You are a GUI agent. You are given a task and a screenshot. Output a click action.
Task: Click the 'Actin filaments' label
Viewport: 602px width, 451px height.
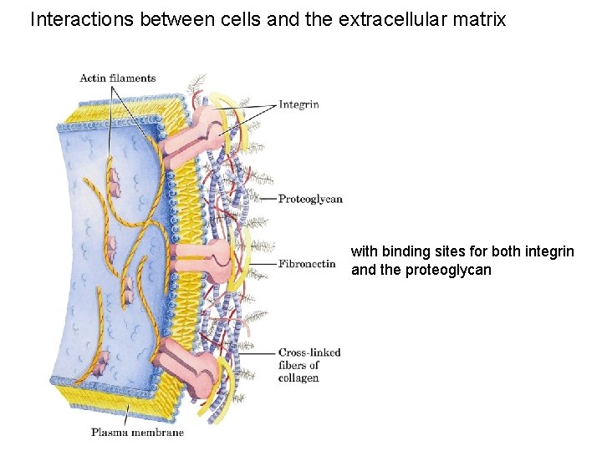[117, 79]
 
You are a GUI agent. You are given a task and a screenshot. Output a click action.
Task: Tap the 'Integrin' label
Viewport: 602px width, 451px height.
[298, 104]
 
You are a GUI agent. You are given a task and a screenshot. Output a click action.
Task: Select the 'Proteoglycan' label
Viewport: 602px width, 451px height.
[310, 199]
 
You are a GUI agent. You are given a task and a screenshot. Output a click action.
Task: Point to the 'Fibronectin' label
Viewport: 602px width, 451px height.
[307, 264]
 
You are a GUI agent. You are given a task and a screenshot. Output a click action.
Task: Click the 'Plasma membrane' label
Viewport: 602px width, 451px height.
[137, 433]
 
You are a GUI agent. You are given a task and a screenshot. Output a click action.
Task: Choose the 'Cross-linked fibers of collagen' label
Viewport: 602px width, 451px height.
[309, 365]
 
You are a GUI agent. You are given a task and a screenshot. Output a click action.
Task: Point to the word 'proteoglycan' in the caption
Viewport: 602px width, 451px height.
[448, 270]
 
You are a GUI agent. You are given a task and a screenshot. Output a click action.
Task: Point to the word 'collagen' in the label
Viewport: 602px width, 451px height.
[298, 378]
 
